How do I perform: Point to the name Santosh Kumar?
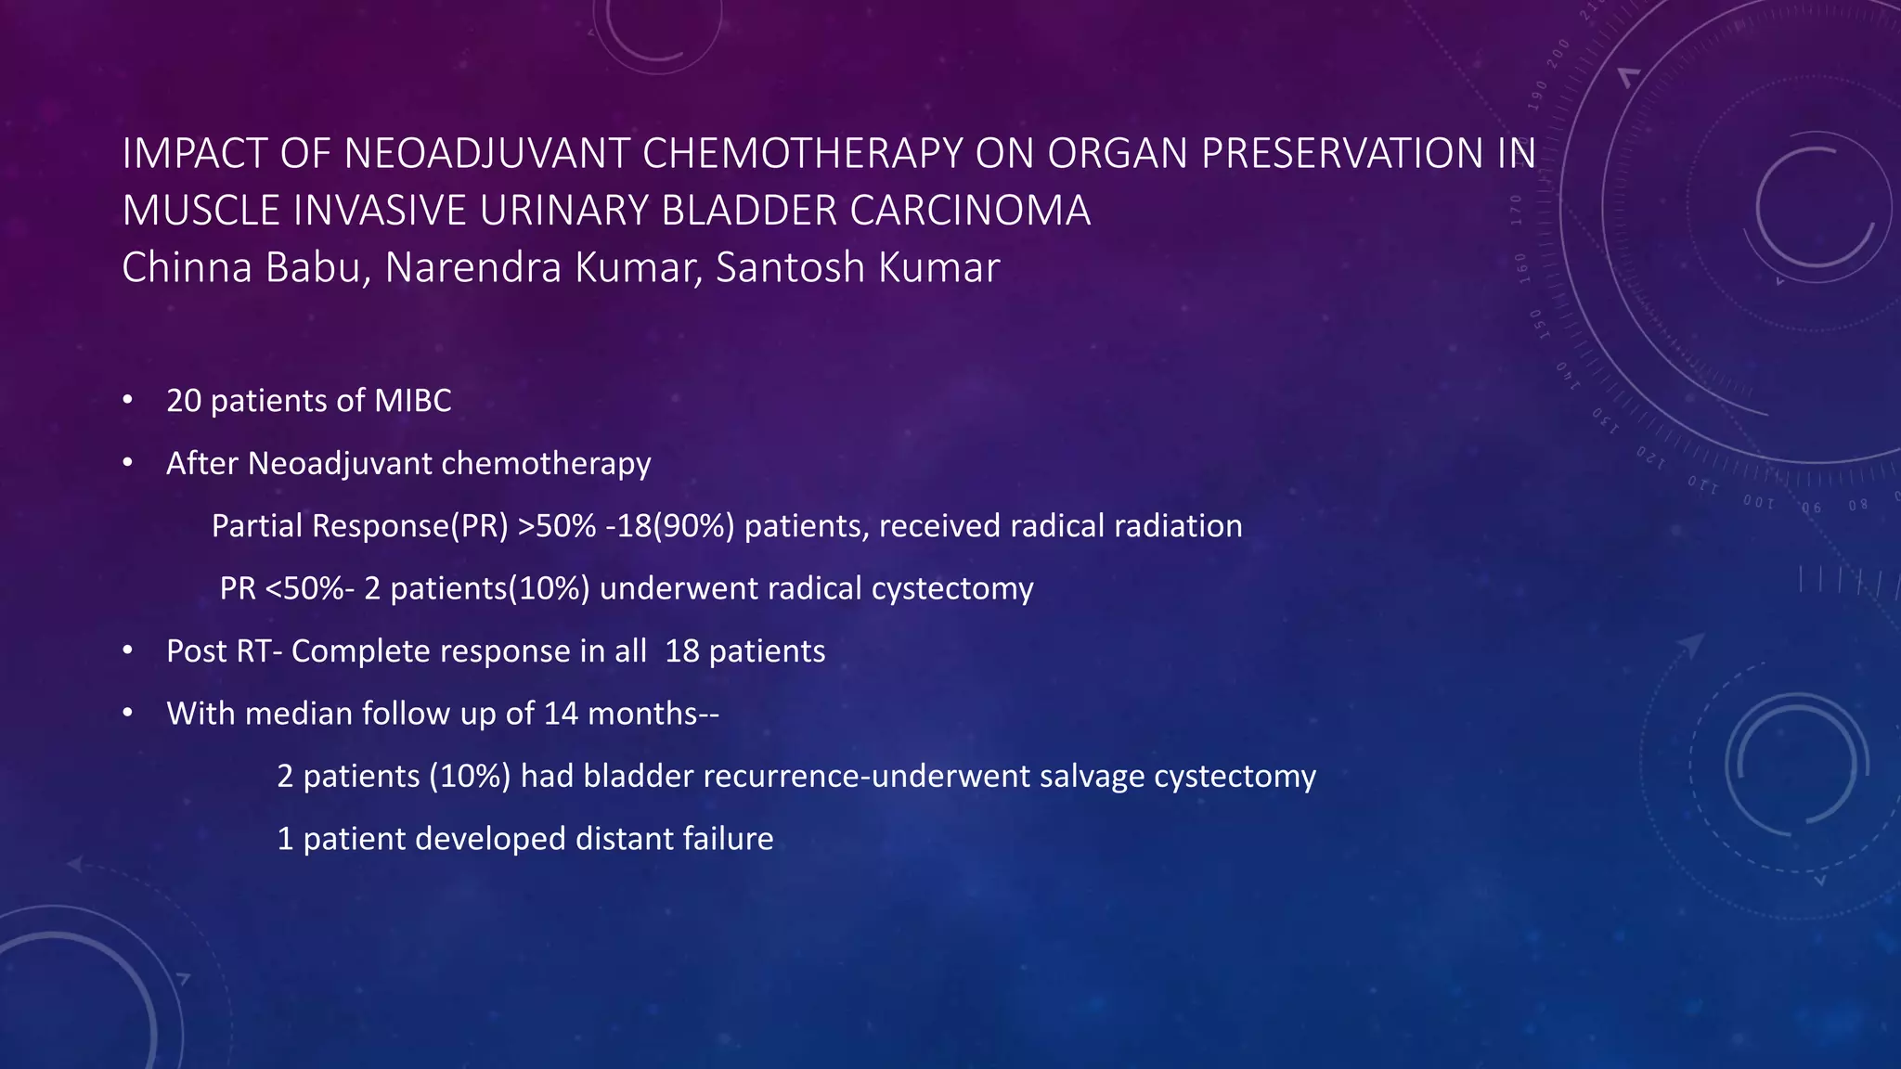point(857,268)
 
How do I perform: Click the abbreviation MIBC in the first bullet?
point(412,401)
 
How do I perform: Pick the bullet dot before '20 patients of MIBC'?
point(128,401)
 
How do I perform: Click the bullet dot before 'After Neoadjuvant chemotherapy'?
point(128,463)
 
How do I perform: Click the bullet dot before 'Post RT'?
point(128,651)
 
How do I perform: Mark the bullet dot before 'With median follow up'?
point(128,714)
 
